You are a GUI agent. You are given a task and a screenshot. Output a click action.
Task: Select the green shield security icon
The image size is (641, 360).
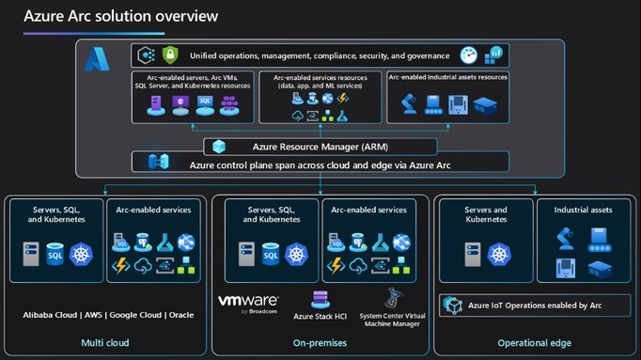click(x=170, y=55)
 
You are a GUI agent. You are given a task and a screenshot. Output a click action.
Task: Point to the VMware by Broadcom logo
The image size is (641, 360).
click(x=248, y=303)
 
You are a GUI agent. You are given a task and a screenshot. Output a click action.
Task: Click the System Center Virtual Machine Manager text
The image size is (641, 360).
click(x=393, y=320)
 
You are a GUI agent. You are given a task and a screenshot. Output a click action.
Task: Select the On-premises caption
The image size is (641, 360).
click(x=320, y=343)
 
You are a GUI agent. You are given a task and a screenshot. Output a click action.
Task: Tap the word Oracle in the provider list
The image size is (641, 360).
click(x=180, y=314)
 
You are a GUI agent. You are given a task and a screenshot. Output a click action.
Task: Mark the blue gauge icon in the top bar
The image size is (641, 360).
click(x=468, y=55)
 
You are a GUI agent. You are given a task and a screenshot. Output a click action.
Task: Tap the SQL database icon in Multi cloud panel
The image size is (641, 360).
click(x=55, y=253)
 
